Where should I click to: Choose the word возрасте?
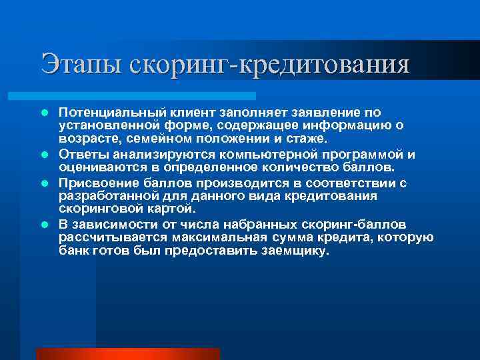point(87,139)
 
